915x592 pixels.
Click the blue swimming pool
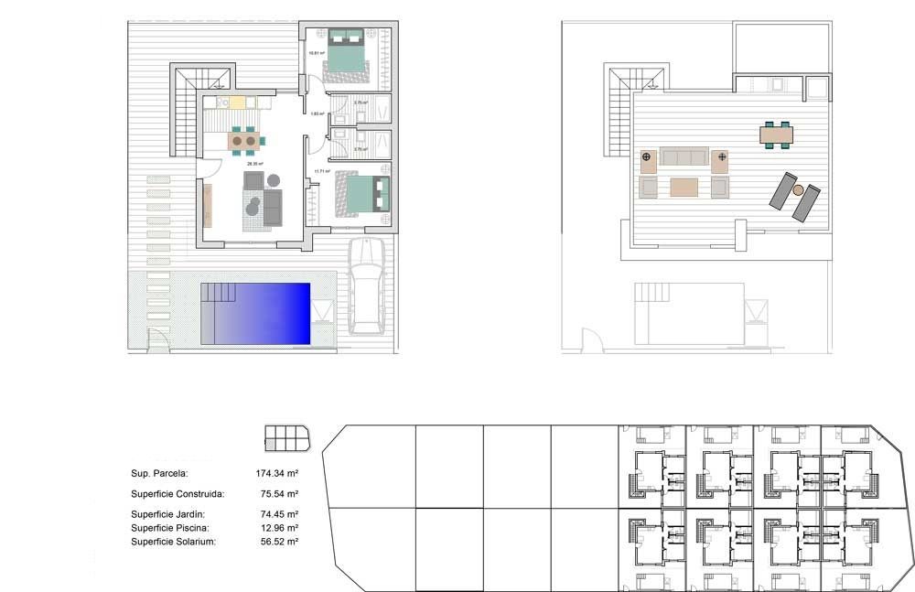point(261,314)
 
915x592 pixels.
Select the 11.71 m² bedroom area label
point(320,171)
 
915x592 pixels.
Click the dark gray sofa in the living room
point(273,208)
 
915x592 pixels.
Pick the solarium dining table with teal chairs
point(777,135)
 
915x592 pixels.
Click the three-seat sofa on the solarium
point(684,157)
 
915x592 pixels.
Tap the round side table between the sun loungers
point(798,189)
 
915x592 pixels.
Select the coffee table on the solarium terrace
point(684,188)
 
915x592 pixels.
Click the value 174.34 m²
point(278,474)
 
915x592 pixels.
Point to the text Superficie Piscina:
point(170,528)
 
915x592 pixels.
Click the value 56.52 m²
point(280,542)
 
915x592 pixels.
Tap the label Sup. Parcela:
point(160,474)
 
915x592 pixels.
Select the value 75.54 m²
point(280,494)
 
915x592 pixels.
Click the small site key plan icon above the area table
point(286,438)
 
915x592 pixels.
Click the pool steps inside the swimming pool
point(220,293)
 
